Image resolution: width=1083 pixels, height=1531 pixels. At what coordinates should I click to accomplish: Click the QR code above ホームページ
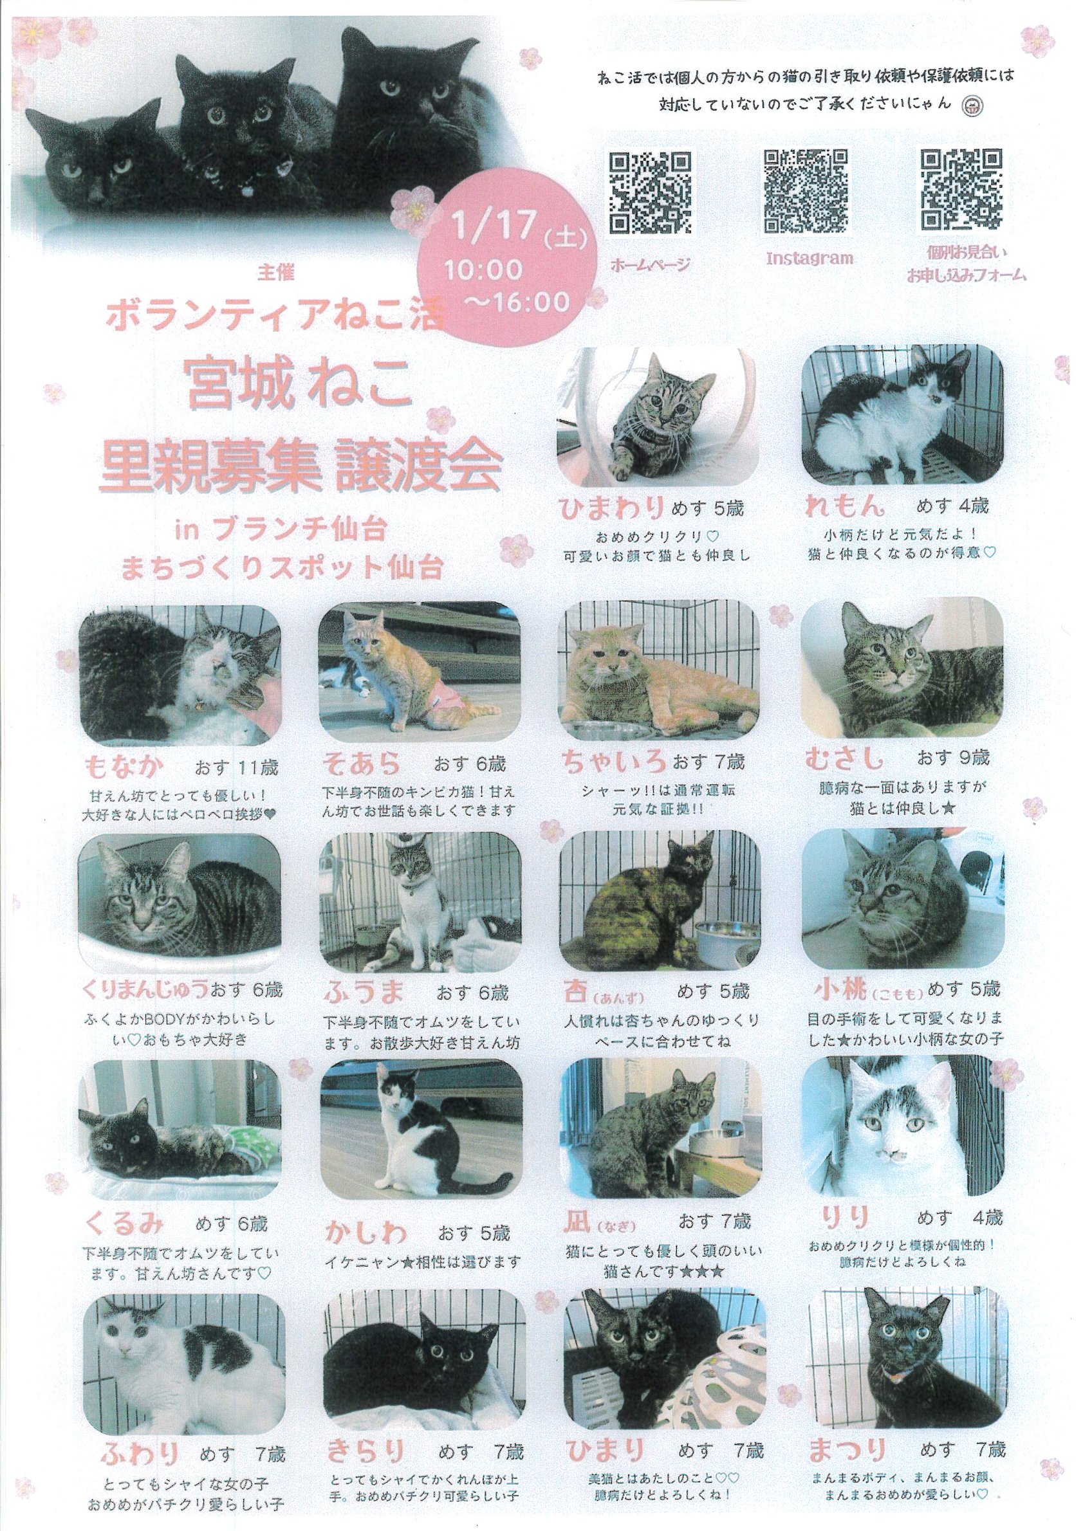click(x=649, y=190)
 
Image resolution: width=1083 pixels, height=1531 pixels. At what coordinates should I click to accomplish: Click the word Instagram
click(x=810, y=259)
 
